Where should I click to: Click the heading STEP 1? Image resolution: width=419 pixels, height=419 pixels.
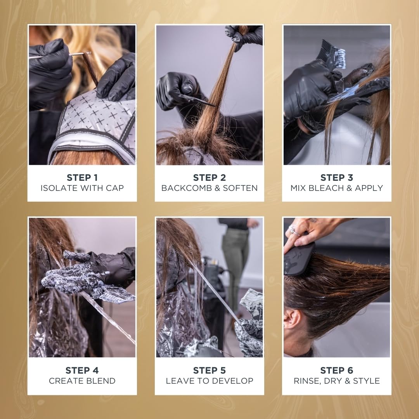coord(82,178)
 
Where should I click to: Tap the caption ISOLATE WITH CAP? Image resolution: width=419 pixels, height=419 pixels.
coord(82,188)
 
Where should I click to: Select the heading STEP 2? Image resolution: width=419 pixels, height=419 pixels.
coord(209,178)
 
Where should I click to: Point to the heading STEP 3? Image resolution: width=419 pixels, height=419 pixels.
coord(336,178)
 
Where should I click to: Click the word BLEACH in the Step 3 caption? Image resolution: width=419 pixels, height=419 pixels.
coord(326,188)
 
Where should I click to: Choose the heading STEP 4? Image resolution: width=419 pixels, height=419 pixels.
coord(82,370)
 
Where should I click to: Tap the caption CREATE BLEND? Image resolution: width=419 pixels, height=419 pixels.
coord(82,381)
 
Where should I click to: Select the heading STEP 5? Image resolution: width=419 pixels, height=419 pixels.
coord(209,370)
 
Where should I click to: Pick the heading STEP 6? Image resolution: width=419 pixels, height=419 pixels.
coord(336,370)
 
